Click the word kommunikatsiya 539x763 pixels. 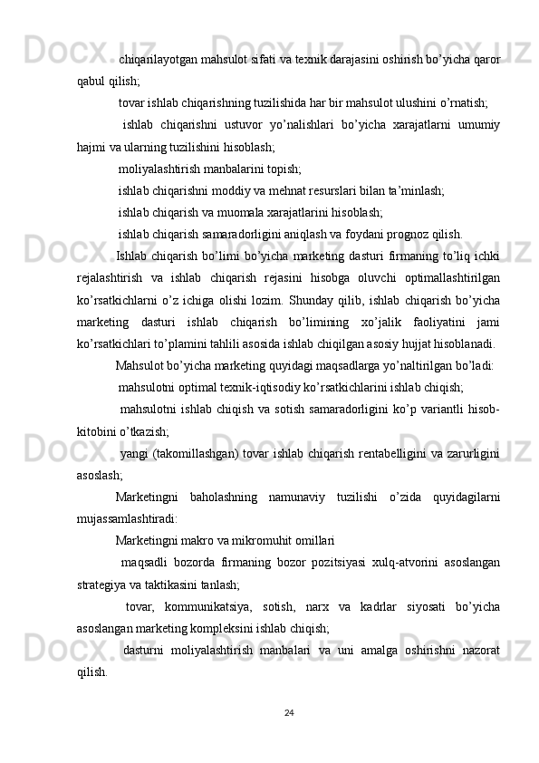207,605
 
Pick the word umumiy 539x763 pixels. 481,122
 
